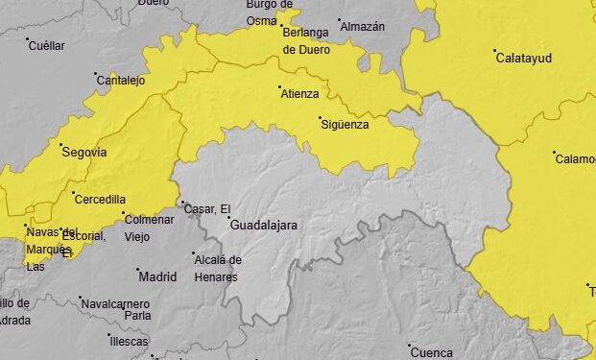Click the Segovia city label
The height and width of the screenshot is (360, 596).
[83, 153]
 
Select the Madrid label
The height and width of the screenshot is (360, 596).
[158, 277]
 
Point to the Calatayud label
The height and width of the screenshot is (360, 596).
[523, 59]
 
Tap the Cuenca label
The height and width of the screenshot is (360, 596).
[432, 352]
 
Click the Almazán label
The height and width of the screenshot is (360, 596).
[363, 27]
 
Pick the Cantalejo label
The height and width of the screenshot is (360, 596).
[121, 81]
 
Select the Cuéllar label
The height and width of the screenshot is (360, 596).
[47, 46]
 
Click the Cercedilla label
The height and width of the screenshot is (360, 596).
[99, 200]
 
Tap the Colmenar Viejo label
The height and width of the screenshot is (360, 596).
[149, 227]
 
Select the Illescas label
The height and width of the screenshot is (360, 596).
[129, 342]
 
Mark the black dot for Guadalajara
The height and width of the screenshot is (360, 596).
[229, 219]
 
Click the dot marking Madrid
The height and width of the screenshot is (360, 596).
[137, 271]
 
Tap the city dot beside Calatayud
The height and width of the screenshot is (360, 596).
[494, 51]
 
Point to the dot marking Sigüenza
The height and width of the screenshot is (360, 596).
[321, 118]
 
